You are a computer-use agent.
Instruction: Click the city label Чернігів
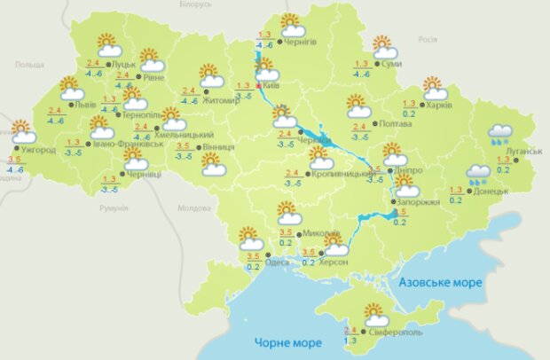pos(299,42)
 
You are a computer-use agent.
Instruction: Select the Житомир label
pos(223,100)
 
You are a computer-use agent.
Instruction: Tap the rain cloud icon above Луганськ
pos(499,134)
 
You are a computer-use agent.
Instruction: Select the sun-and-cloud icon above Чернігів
pos(292,24)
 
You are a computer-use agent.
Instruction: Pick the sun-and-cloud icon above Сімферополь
pos(376,315)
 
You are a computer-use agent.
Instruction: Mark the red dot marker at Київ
pos(258,86)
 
